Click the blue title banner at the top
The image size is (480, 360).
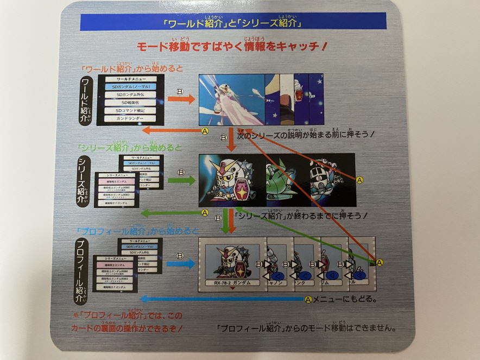[x=233, y=21]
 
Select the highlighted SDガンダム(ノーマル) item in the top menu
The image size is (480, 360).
[x=130, y=87]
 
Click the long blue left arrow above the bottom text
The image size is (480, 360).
[x=223, y=299]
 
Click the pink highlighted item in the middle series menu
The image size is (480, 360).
[x=116, y=180]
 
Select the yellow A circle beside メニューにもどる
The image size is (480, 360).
[x=308, y=299]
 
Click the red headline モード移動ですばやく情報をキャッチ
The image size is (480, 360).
[x=232, y=47]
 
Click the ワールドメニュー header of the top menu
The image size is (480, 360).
[x=130, y=79]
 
